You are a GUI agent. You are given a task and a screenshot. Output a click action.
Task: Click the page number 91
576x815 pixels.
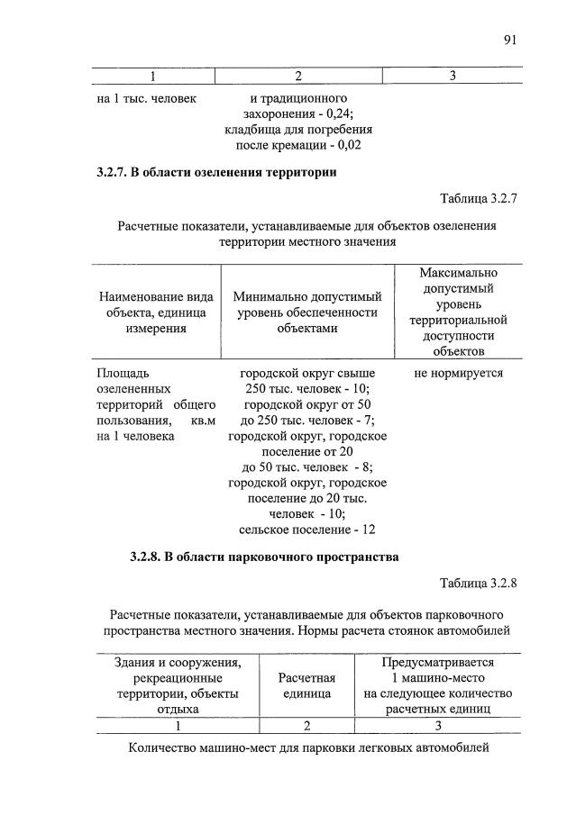point(510,39)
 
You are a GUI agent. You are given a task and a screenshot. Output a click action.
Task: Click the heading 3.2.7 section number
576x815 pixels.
point(111,171)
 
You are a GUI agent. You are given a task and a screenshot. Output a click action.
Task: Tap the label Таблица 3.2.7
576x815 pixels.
point(475,197)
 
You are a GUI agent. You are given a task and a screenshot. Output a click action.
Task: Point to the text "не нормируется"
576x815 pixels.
point(458,372)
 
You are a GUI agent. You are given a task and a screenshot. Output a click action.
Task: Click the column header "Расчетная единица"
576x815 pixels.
point(307,685)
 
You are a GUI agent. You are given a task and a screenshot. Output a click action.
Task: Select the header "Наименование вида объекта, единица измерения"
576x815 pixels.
point(155,312)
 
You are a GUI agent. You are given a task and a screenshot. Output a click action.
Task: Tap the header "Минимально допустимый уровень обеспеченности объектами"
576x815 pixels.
point(306,312)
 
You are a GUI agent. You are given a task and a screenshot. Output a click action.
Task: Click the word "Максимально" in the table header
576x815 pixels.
point(458,272)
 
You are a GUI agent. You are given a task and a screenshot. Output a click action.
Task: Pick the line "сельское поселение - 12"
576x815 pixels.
point(306,530)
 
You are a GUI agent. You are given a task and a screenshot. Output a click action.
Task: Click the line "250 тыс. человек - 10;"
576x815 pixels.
point(306,388)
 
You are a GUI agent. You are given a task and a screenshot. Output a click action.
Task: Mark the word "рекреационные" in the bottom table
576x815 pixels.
point(177,677)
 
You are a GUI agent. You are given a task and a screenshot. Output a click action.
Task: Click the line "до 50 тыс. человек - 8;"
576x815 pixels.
point(306,466)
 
